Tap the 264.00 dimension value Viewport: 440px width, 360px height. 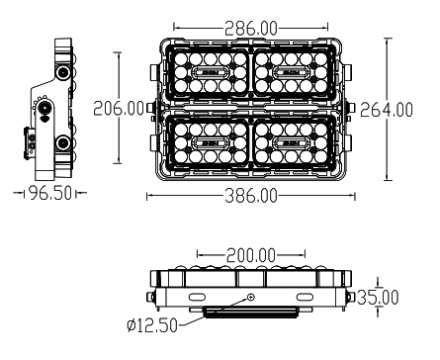point(388,109)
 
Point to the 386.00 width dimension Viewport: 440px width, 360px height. point(249,196)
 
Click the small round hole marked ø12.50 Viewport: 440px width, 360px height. point(250,297)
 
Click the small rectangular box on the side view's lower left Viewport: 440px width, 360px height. point(31,148)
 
